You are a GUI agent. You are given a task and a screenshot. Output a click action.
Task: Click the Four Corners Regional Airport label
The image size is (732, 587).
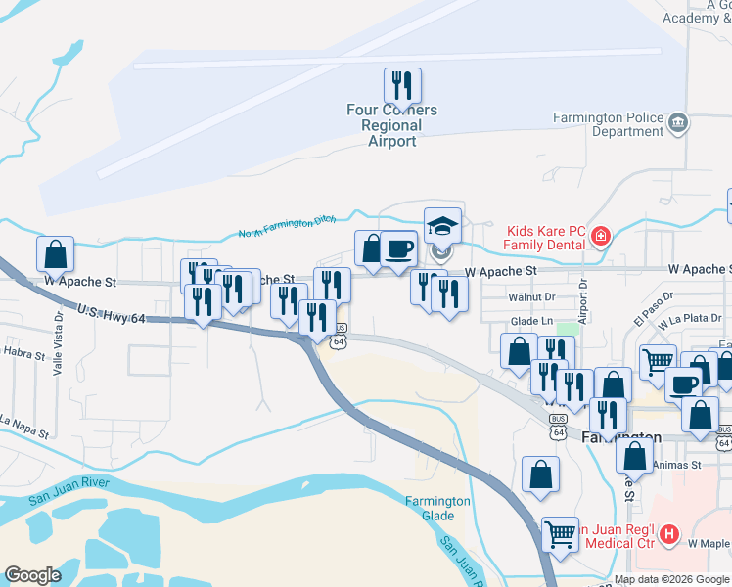tap(391, 125)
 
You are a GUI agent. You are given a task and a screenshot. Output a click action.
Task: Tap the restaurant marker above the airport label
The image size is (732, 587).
tap(402, 85)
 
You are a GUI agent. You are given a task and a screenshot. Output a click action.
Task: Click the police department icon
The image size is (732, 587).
tap(677, 123)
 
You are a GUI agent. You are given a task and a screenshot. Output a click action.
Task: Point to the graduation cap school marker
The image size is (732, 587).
tap(442, 225)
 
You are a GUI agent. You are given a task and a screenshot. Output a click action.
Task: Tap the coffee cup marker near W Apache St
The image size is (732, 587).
tap(398, 248)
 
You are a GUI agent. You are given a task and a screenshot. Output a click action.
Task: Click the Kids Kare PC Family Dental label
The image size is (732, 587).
tap(543, 238)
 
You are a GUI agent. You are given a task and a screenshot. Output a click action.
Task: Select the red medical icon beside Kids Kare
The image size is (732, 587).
tap(600, 237)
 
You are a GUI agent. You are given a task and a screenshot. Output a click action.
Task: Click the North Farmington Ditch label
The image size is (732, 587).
tap(291, 228)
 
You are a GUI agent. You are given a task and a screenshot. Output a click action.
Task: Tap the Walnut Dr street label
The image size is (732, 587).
tap(530, 296)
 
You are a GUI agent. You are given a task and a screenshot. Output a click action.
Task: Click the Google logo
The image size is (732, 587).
tap(32, 575)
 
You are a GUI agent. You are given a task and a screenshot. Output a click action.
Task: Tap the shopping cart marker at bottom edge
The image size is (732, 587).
tap(561, 534)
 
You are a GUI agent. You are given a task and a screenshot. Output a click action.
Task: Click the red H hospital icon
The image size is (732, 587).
tap(669, 534)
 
